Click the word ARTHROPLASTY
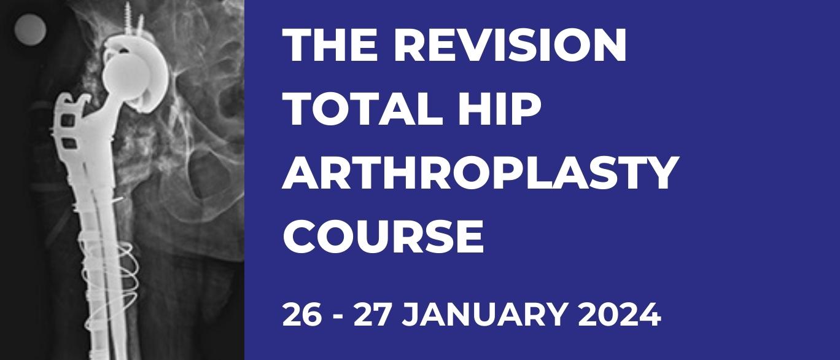(x=481, y=173)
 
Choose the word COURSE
(x=383, y=237)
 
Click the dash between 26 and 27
(x=338, y=317)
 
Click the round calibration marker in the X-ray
(x=30, y=30)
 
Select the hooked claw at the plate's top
(x=82, y=101)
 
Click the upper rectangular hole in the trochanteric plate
(x=68, y=121)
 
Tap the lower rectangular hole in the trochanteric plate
(x=68, y=143)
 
